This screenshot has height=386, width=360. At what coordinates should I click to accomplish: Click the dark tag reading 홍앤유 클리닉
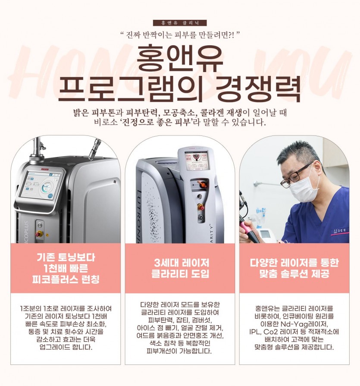click(180, 23)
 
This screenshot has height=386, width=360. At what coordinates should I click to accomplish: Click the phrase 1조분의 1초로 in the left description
click(40, 308)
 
